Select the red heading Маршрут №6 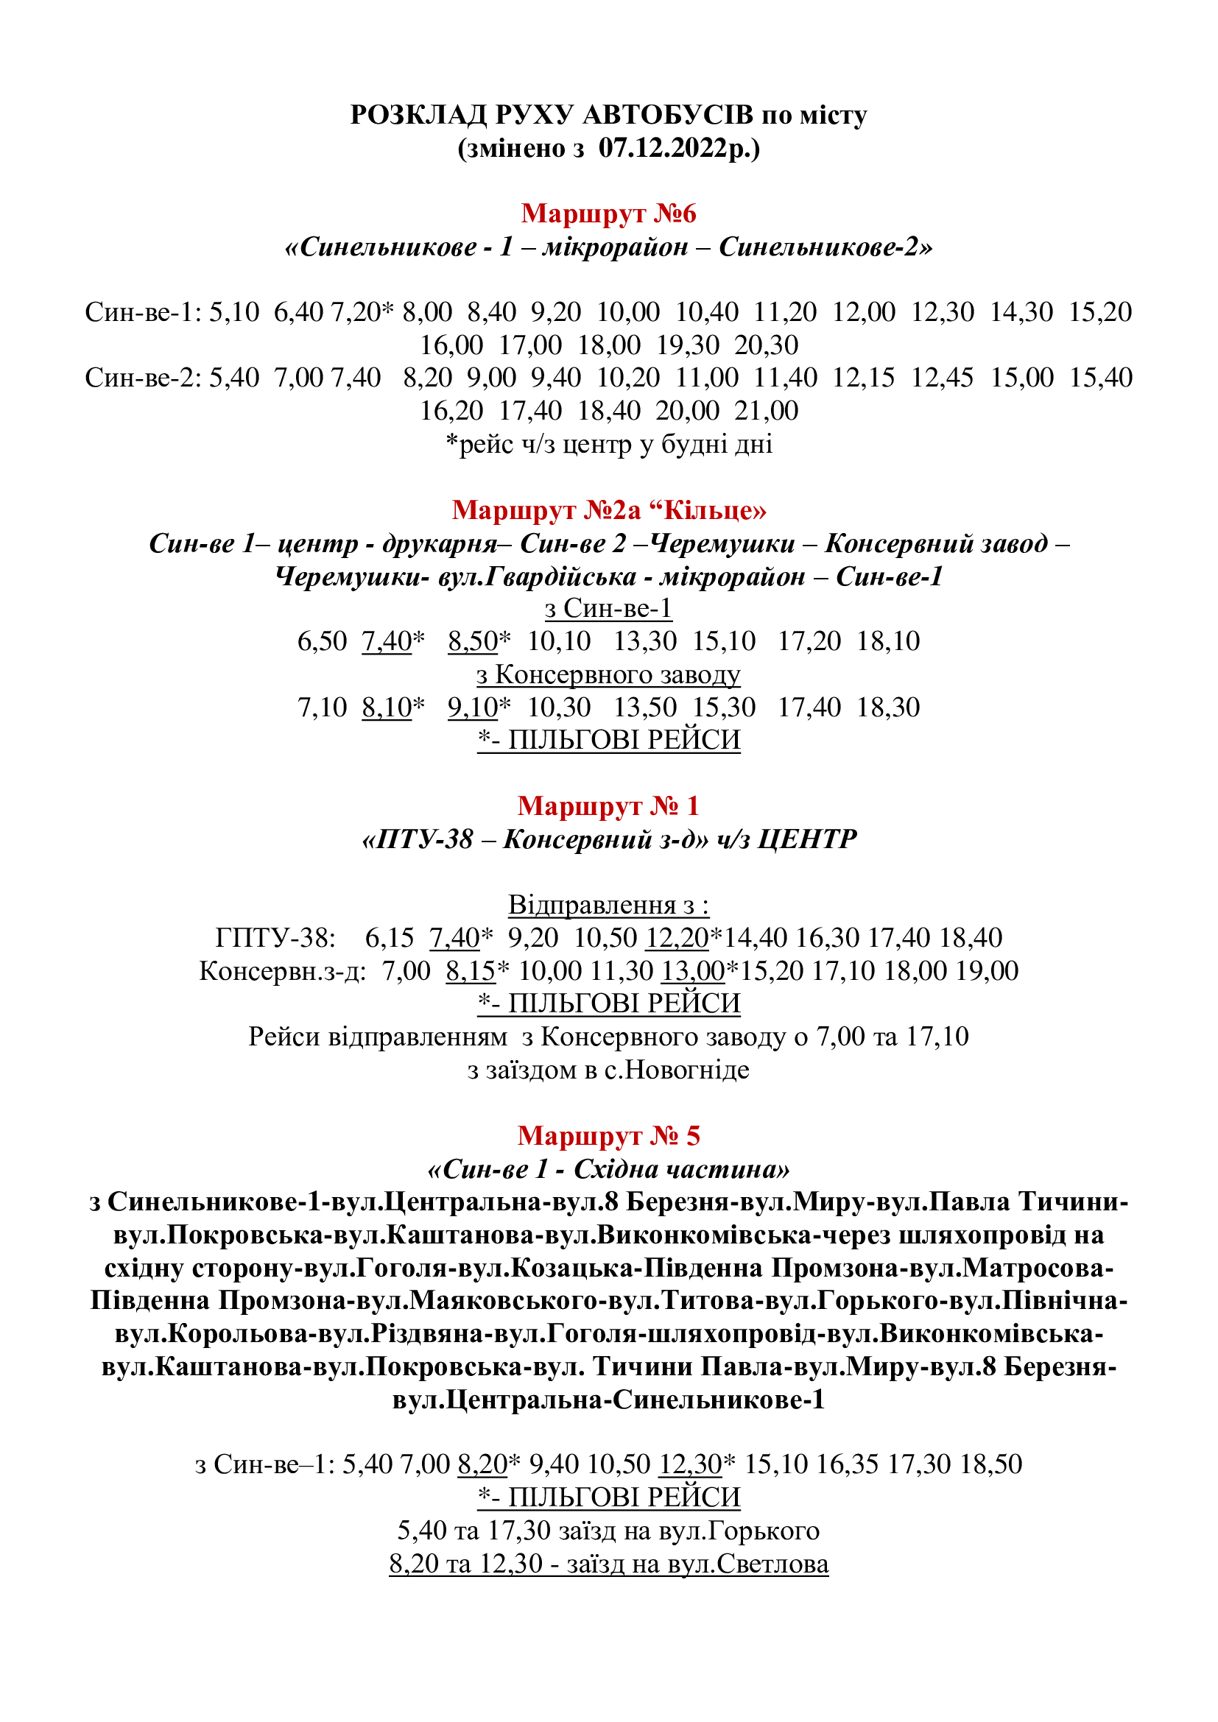coord(608,214)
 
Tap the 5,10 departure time coord(234,312)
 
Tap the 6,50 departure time coord(323,641)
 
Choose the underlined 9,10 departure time coord(473,707)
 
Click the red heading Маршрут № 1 coord(608,806)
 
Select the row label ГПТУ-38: coord(275,938)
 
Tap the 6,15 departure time coord(390,938)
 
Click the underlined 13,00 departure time coord(692,971)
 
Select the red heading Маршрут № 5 coord(608,1136)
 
